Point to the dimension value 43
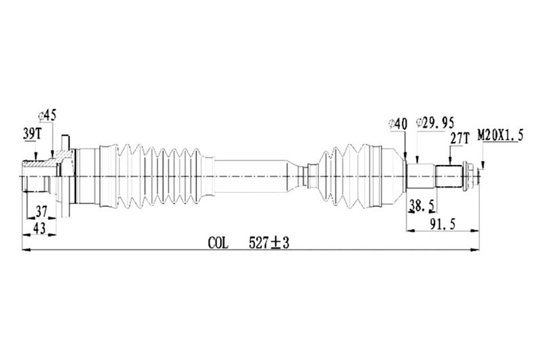click(x=39, y=229)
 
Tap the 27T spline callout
click(x=460, y=137)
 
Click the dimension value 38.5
click(x=422, y=204)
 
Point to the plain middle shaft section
click(x=251, y=177)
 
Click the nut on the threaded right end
click(x=469, y=177)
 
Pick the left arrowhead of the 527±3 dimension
click(x=26, y=251)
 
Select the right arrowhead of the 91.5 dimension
click(x=477, y=231)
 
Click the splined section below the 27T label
click(x=449, y=177)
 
